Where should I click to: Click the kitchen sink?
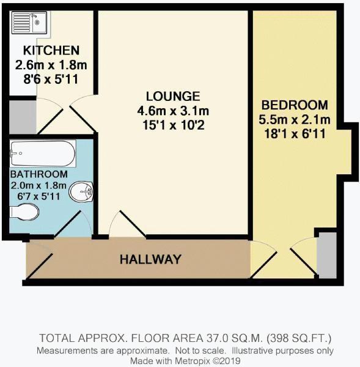coord(29,23)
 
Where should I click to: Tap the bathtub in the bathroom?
coord(43,154)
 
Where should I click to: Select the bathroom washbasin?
coord(81,191)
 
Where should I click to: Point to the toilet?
coord(24,212)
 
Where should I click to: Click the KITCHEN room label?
coord(51,50)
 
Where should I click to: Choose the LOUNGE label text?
coord(173,96)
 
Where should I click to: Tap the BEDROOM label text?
coord(295,105)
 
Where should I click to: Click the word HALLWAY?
coord(150,259)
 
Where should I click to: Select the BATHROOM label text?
coord(39,174)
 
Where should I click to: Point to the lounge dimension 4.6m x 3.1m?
coord(173,111)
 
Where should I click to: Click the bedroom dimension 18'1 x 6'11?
coord(295,135)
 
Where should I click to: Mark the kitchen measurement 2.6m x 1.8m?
coord(51,65)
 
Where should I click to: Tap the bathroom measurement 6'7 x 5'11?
coord(39,196)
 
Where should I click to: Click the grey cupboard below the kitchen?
coord(23,117)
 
